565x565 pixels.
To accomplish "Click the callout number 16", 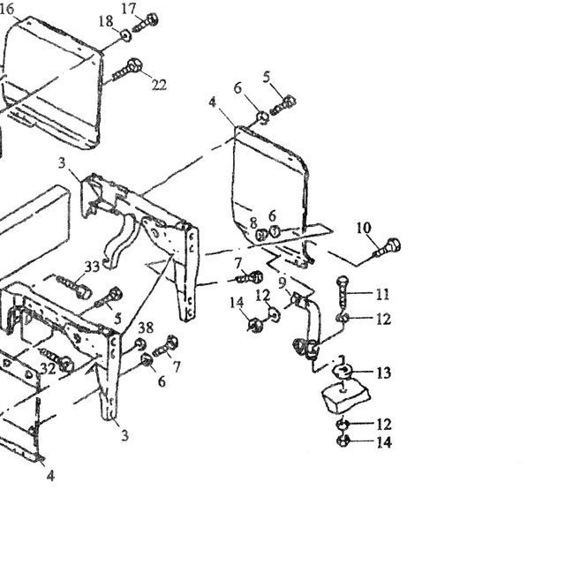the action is [6, 9].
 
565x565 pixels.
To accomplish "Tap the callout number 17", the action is [129, 9].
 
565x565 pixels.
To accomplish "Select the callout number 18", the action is [106, 21].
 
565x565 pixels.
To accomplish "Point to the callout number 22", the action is [159, 85].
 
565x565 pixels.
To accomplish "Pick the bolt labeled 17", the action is [146, 22].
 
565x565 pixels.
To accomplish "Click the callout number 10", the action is [364, 228].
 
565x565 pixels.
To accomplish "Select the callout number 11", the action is [382, 294].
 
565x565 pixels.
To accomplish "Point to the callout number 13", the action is [384, 373].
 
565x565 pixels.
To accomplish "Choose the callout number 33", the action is [92, 267].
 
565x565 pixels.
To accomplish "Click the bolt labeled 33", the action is [73, 286].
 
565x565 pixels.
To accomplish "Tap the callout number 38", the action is [146, 328].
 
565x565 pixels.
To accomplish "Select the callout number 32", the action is [48, 368].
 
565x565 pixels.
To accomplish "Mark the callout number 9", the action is [282, 282].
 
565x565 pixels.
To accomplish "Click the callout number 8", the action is [253, 222].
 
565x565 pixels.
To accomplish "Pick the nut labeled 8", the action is [261, 236].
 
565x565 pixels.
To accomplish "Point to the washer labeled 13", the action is [343, 371].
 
